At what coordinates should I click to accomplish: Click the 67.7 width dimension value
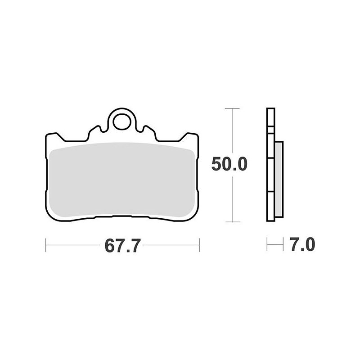pyautogui.click(x=122, y=245)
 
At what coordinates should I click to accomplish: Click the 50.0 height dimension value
pyautogui.click(x=229, y=164)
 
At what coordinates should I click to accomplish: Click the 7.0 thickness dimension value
pyautogui.click(x=302, y=244)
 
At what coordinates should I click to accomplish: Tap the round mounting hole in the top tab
pyautogui.click(x=121, y=121)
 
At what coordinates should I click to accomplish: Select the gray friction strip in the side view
pyautogui.click(x=279, y=179)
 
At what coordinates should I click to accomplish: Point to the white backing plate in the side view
pyautogui.click(x=271, y=165)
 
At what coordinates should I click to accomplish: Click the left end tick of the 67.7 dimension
pyautogui.click(x=46, y=245)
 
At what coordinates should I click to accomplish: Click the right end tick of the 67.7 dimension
pyautogui.click(x=199, y=245)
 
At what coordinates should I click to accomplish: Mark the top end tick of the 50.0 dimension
pyautogui.click(x=232, y=108)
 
